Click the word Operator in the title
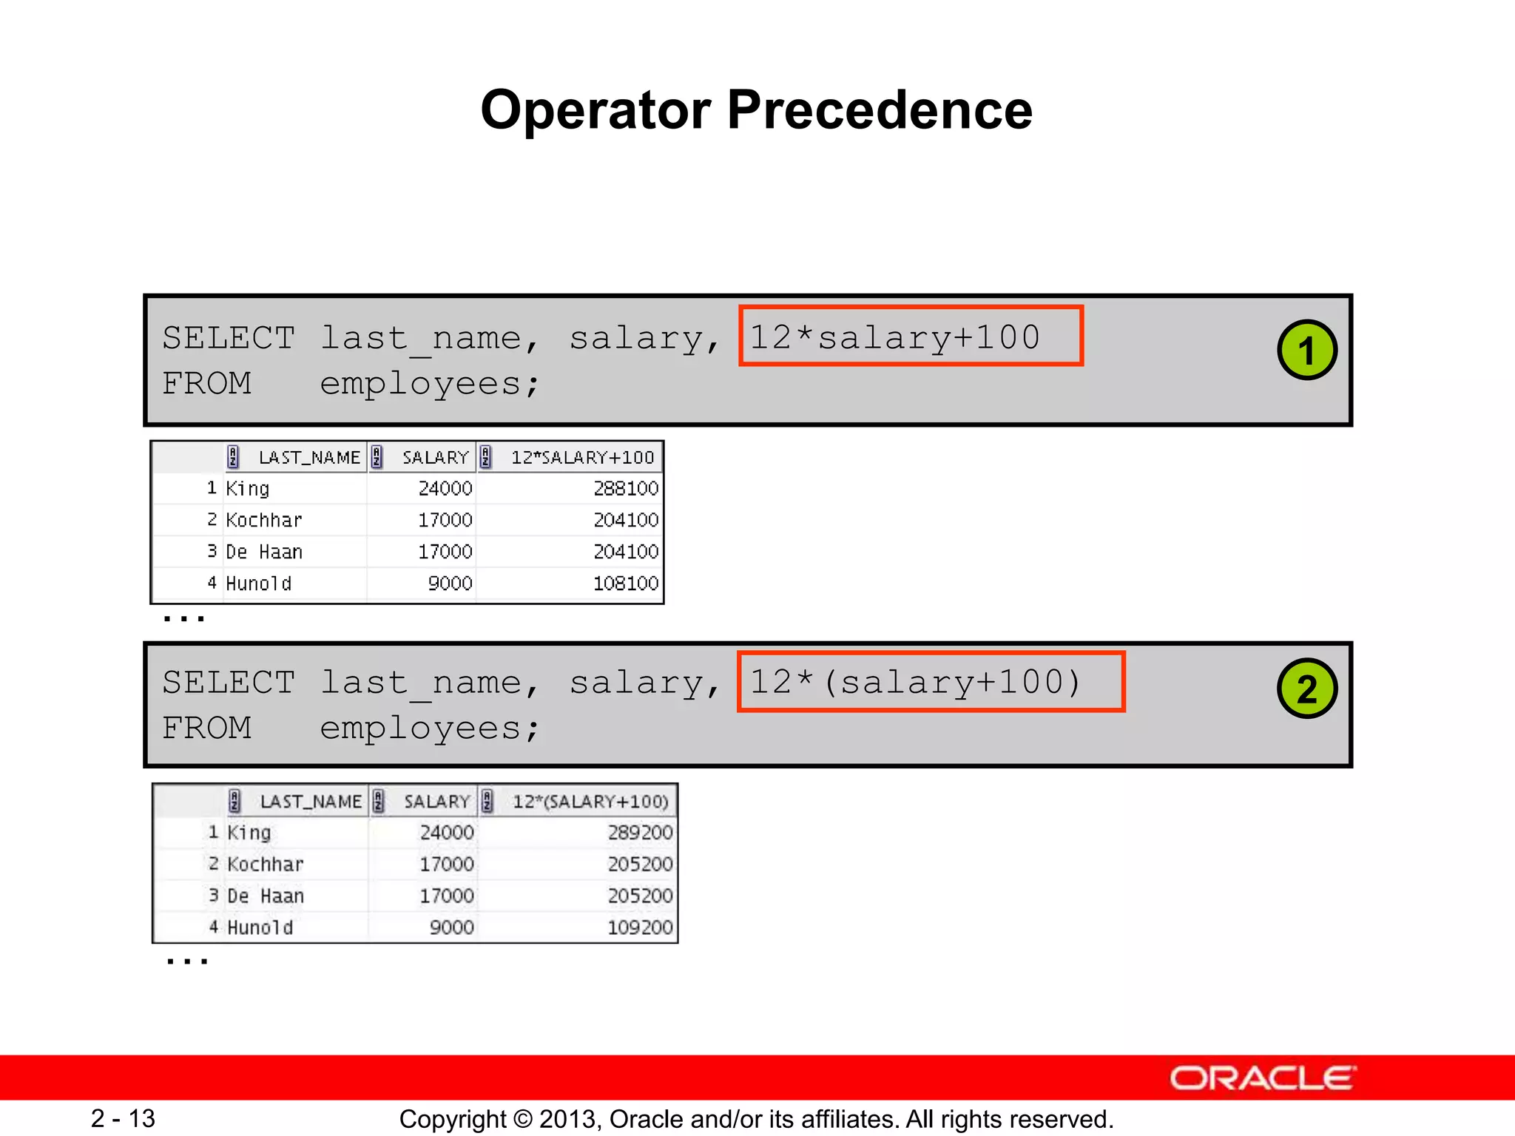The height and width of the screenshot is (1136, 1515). click(x=596, y=111)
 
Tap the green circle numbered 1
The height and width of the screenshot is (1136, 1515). click(x=1306, y=351)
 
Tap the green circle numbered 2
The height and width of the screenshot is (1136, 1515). click(x=1306, y=689)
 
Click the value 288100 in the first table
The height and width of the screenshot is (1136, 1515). click(x=625, y=489)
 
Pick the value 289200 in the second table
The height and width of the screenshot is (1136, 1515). click(x=640, y=833)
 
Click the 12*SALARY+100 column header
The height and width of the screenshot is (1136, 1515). click(x=582, y=458)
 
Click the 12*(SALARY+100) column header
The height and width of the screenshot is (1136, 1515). click(x=590, y=802)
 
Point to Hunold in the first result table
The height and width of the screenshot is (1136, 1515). click(x=258, y=584)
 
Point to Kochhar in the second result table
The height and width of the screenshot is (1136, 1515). click(x=266, y=865)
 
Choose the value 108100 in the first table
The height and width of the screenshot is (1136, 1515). click(x=625, y=584)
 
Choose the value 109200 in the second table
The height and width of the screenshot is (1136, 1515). click(x=640, y=927)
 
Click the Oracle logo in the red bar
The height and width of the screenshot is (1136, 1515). click(x=1262, y=1078)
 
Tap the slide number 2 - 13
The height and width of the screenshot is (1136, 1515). click(x=123, y=1118)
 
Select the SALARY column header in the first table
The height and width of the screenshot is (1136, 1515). click(x=435, y=458)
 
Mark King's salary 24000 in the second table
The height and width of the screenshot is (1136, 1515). click(x=446, y=833)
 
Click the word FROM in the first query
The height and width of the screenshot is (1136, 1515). click(x=207, y=384)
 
